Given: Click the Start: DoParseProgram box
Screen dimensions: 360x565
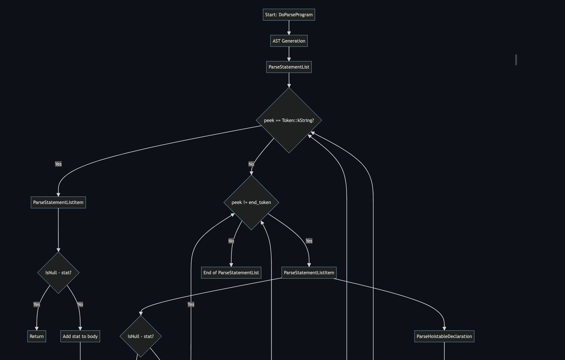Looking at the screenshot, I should [x=289, y=15].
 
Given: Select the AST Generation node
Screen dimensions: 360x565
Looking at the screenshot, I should [x=289, y=41].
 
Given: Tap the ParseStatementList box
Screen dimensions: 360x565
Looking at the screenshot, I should [x=289, y=67].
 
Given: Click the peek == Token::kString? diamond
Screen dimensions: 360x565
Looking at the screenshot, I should [x=289, y=120].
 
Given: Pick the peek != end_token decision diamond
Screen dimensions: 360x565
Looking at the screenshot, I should [x=251, y=202].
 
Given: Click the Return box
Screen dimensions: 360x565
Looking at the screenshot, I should [x=36, y=336].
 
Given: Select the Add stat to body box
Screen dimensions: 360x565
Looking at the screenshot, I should [x=80, y=336].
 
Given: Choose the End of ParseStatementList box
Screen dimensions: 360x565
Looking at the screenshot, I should [x=231, y=272].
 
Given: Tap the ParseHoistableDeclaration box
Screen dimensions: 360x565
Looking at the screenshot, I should [x=444, y=336].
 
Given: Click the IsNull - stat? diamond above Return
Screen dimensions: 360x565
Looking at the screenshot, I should [x=58, y=272].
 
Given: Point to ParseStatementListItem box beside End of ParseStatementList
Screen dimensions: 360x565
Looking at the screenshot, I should [x=309, y=272].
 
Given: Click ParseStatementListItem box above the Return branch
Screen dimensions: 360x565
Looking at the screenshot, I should [x=58, y=202].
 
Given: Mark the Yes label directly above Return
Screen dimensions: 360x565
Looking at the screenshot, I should [x=37, y=304].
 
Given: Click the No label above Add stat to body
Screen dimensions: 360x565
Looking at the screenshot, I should [x=80, y=304].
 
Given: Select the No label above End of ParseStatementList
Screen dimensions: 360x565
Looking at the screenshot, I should [x=231, y=241].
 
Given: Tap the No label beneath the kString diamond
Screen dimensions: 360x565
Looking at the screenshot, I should [x=251, y=164].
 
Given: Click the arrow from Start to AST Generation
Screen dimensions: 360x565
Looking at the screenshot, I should [x=289, y=27].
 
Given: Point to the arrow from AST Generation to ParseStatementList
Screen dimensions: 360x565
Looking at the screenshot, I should [x=289, y=54].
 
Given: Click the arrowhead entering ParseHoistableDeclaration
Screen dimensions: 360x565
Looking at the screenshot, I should [x=444, y=328].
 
